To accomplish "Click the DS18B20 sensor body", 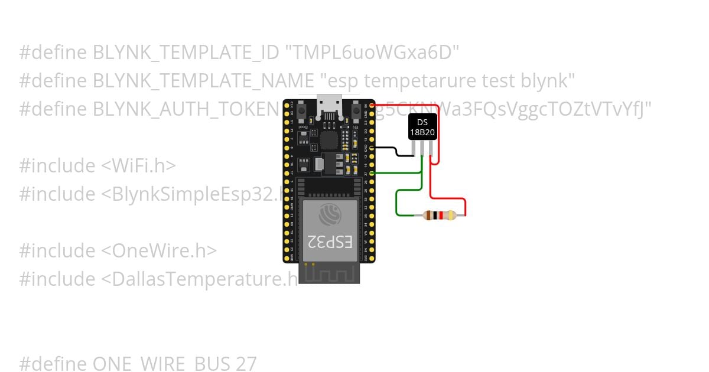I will coord(423,127).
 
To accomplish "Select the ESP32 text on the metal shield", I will coord(330,241).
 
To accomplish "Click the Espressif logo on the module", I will coord(329,214).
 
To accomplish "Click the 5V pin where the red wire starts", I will coord(371,105).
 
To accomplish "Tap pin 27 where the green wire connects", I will coord(371,173).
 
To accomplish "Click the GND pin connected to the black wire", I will coord(371,148).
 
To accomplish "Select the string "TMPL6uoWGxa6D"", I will coord(372,53).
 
